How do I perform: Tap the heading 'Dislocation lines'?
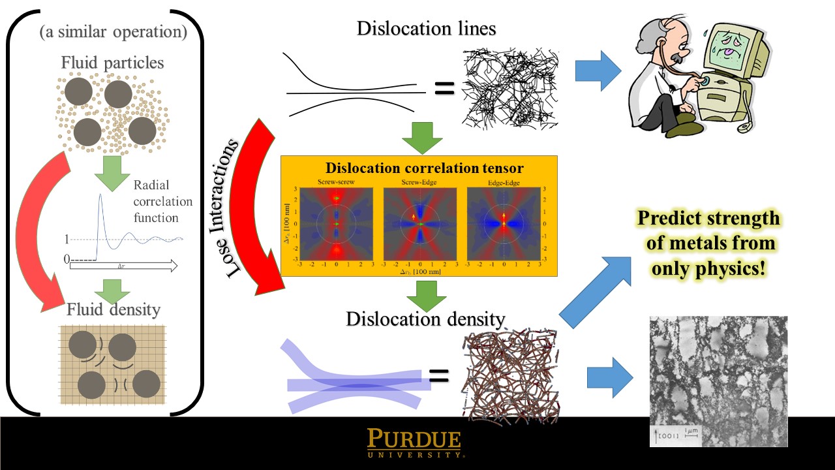426,29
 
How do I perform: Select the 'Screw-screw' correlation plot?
337,225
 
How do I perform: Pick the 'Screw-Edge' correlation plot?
420,225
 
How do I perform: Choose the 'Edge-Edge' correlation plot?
504,225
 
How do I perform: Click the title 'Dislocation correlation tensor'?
424,168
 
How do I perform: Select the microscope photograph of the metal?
718,381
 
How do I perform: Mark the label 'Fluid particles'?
112,63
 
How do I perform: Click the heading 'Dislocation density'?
425,319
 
